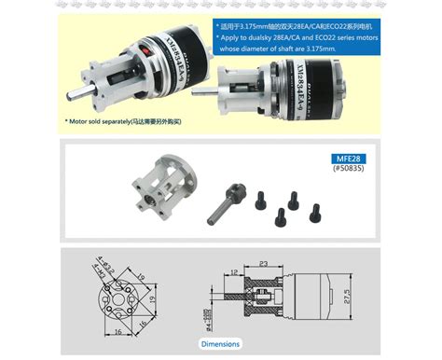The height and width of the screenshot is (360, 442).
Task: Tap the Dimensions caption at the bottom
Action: pyautogui.click(x=221, y=344)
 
